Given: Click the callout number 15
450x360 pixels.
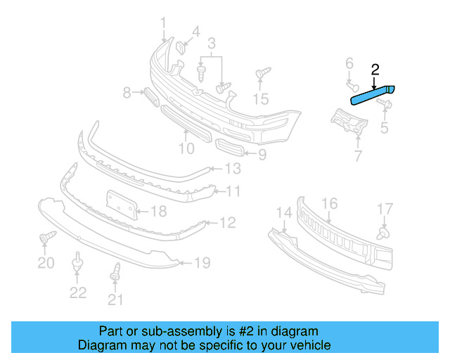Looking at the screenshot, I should [x=261, y=98].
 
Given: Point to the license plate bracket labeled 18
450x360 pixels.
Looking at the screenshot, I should [x=120, y=205].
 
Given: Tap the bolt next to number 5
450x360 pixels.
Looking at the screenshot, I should [x=384, y=105].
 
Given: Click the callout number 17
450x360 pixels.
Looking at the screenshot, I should [x=385, y=209].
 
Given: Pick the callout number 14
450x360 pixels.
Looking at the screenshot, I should [x=283, y=212].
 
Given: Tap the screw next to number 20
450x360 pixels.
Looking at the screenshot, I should [x=46, y=240].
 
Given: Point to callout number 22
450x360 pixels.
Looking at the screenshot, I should [x=78, y=292].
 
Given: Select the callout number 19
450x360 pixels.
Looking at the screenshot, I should [x=202, y=264].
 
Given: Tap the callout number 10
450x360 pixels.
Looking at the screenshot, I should [x=186, y=148].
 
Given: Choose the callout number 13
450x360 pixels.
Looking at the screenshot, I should [x=233, y=169].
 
